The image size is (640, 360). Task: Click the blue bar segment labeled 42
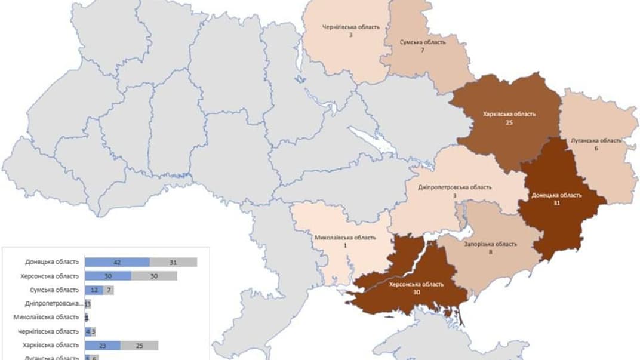tap(117, 262)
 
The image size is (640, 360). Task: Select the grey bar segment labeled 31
tap(173, 262)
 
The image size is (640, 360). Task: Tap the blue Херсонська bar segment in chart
tap(108, 276)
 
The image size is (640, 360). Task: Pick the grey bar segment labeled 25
tap(139, 345)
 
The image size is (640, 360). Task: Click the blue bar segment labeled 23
tap(103, 345)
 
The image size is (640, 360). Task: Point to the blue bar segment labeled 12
tap(94, 290)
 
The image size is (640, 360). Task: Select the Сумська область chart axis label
tap(54, 290)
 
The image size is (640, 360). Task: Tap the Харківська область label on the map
tap(509, 114)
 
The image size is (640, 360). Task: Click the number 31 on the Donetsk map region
tap(556, 203)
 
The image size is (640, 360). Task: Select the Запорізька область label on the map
tap(490, 244)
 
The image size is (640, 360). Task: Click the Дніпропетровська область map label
tap(455, 187)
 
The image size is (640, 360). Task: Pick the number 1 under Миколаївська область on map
tap(345, 245)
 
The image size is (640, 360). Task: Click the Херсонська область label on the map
tap(416, 285)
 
